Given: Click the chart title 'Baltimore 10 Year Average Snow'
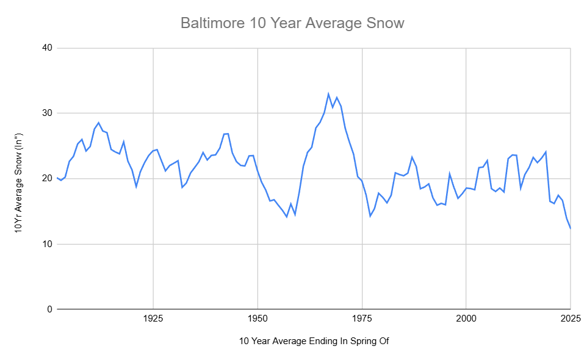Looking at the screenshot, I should tap(292, 23).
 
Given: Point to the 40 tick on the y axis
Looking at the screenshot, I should tap(46, 48).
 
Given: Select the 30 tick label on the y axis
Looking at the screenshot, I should tap(46, 113).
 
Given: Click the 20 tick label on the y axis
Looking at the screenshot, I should tap(46, 179).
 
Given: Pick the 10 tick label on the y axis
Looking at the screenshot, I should tap(46, 244).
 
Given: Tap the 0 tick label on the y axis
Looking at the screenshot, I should tap(49, 309).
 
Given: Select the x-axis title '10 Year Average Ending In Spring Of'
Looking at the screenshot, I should tap(314, 341).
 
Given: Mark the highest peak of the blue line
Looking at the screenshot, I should tap(328, 94).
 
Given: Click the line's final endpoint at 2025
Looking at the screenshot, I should tap(571, 228).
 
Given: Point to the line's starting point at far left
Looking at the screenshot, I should tap(57, 178).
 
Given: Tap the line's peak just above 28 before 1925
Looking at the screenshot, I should tap(98, 123).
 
